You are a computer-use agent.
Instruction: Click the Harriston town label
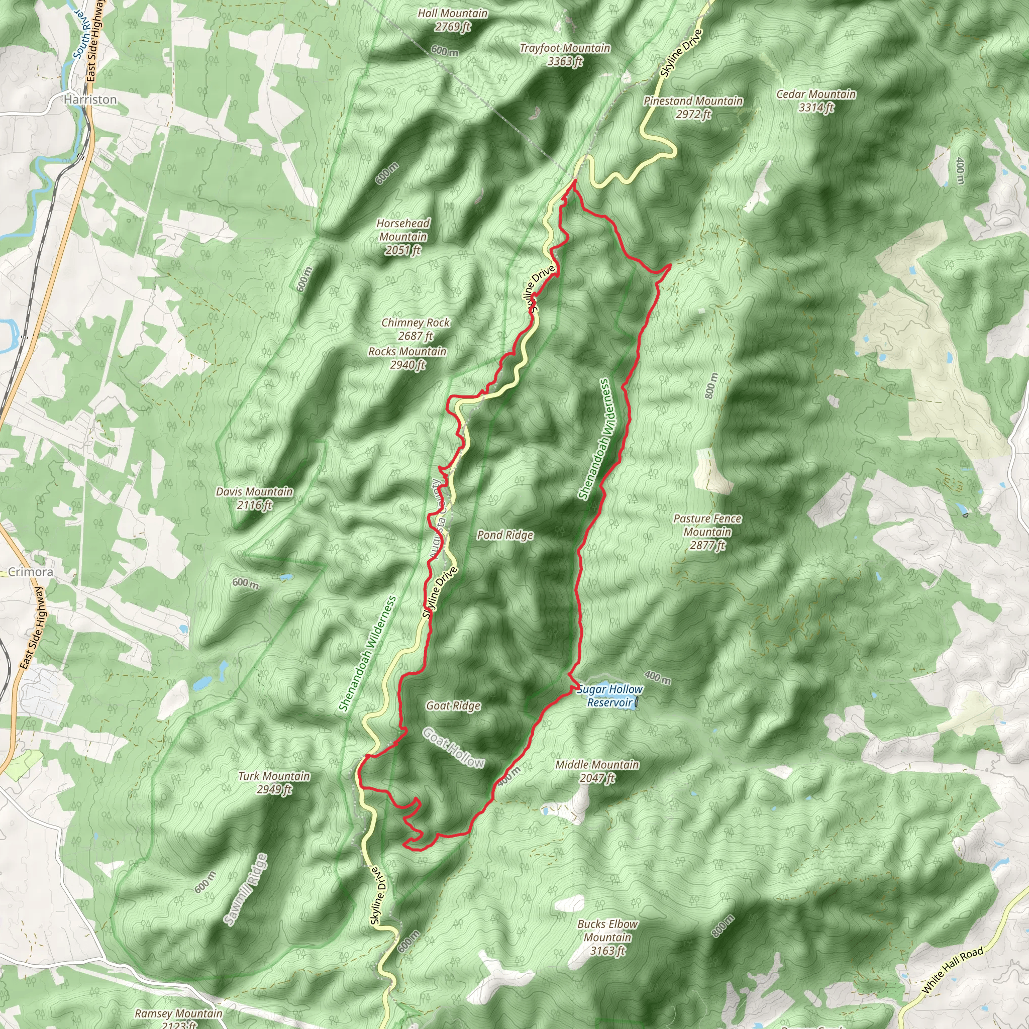click(x=90, y=99)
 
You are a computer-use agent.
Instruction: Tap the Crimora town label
click(x=30, y=572)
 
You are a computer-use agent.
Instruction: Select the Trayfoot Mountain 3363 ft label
click(x=565, y=55)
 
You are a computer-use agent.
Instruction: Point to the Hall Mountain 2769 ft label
click(x=452, y=20)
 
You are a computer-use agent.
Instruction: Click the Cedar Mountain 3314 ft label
click(x=816, y=100)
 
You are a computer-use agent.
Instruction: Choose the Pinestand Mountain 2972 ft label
click(x=693, y=107)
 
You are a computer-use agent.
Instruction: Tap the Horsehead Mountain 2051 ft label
click(x=403, y=237)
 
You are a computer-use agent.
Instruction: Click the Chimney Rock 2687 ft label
click(x=416, y=329)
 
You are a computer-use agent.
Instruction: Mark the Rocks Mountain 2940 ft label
click(x=407, y=358)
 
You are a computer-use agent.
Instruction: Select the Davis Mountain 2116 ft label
click(x=254, y=498)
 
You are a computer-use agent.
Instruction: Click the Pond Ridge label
click(x=505, y=535)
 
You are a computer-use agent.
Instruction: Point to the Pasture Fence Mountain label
click(x=707, y=532)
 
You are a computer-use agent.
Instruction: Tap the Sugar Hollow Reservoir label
click(x=610, y=695)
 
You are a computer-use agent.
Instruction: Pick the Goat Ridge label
click(x=453, y=706)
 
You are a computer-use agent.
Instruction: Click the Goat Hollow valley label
click(x=453, y=748)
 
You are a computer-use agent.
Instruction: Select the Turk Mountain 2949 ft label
click(x=274, y=782)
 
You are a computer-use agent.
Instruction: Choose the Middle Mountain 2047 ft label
click(x=597, y=771)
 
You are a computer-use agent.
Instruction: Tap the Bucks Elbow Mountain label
click(x=607, y=938)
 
